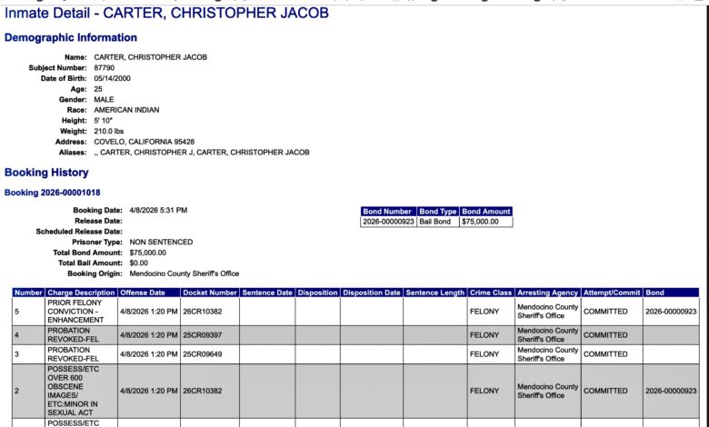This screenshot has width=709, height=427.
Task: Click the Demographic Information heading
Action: (x=71, y=38)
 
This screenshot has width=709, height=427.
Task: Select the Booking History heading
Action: (x=46, y=173)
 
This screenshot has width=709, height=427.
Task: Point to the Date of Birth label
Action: (x=63, y=77)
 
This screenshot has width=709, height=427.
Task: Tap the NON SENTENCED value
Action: (x=161, y=243)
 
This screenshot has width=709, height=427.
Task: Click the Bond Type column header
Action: (x=438, y=212)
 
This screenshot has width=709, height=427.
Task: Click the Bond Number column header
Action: (x=388, y=212)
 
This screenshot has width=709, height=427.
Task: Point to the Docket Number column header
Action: (x=209, y=293)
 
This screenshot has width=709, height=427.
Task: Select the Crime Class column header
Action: (x=491, y=293)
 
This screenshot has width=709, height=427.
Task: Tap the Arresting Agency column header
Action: (x=547, y=293)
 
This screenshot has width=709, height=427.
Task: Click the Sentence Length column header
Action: (x=434, y=293)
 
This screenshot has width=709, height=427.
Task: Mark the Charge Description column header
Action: (x=81, y=293)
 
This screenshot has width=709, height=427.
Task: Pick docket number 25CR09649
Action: (x=203, y=354)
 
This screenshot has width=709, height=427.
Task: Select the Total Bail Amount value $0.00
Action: (x=139, y=263)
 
